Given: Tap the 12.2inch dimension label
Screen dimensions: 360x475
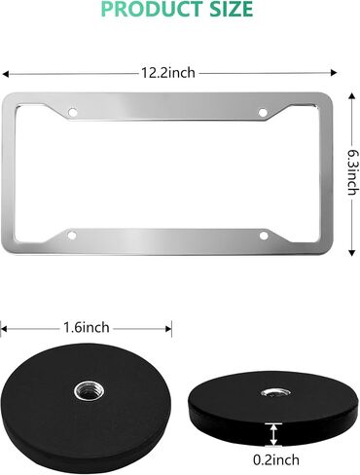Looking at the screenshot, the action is click(x=168, y=73).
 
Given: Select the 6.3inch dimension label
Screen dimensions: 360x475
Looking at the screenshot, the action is click(x=353, y=172).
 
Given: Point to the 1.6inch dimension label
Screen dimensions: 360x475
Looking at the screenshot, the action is click(x=87, y=328).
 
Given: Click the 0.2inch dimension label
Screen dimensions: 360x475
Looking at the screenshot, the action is click(x=276, y=459).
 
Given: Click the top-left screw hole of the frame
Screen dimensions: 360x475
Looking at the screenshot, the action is click(x=73, y=113).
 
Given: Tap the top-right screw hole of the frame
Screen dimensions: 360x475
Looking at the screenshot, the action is click(x=263, y=113).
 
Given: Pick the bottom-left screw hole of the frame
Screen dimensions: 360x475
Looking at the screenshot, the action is click(x=72, y=236).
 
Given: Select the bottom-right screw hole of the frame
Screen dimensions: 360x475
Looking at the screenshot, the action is click(x=264, y=236).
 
